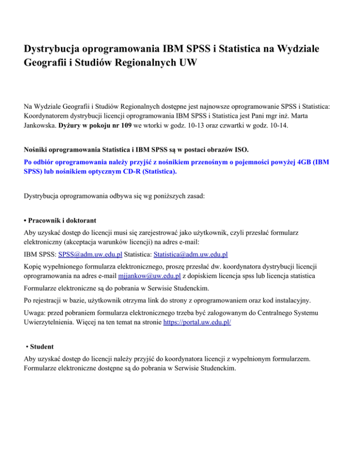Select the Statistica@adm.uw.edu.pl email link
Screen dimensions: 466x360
(x=191, y=255)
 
